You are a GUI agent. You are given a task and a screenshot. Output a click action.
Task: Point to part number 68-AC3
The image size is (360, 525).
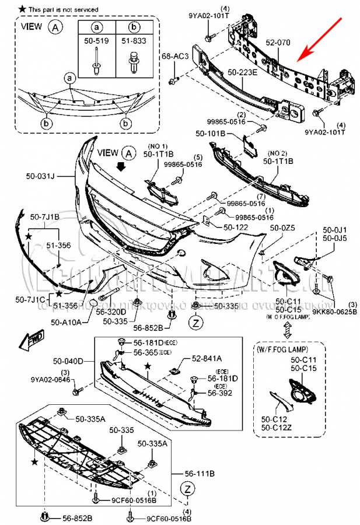click(x=174, y=56)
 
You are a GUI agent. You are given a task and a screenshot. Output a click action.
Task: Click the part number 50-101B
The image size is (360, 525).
click(x=209, y=134)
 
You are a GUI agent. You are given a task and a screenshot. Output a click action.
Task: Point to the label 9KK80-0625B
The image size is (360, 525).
click(x=334, y=311)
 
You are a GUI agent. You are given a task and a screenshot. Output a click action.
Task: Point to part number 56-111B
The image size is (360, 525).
click(x=200, y=475)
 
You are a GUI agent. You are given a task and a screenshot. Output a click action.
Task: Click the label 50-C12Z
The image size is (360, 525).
click(x=276, y=428)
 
